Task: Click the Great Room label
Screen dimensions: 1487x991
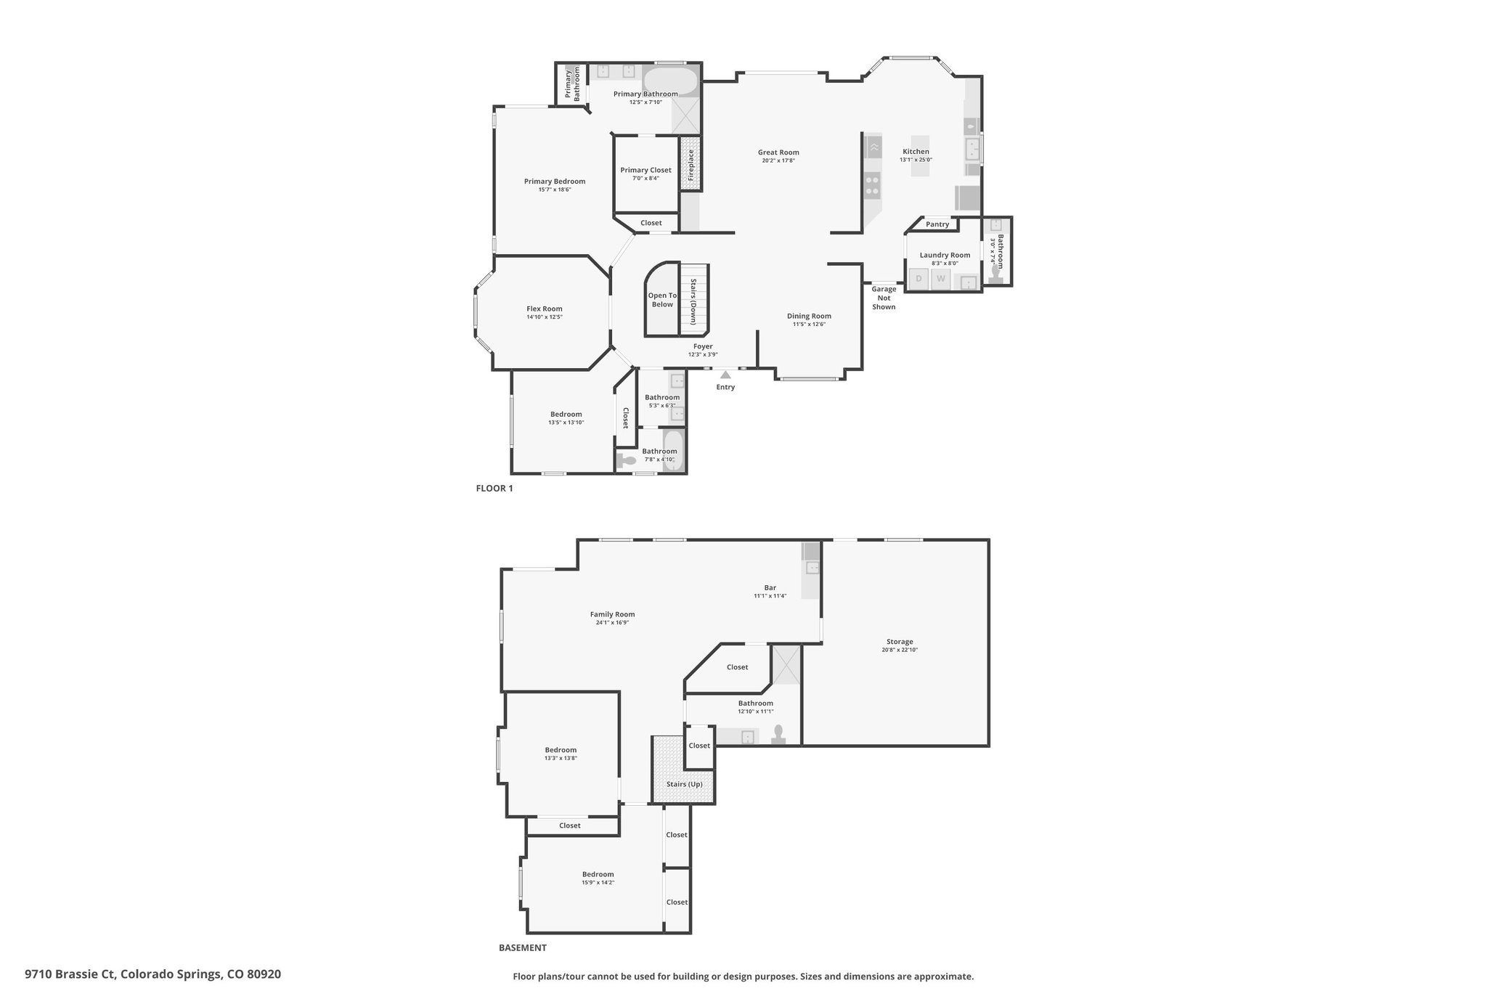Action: point(778,152)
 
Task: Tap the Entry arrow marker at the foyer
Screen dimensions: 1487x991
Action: point(725,375)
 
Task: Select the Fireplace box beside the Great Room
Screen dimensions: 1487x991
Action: point(691,165)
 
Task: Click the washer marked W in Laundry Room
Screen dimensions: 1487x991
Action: point(941,279)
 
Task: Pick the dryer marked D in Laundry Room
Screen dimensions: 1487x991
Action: point(919,279)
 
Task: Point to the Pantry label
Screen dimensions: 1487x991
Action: point(937,224)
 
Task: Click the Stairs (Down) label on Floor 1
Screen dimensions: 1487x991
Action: point(693,301)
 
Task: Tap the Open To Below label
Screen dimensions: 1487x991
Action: point(662,300)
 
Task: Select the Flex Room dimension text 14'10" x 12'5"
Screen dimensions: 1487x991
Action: point(545,317)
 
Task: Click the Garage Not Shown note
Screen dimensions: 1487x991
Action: point(884,298)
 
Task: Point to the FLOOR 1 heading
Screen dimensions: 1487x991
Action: point(494,489)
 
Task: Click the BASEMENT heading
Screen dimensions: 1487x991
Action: point(523,947)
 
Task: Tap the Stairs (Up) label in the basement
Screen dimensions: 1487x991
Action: point(685,784)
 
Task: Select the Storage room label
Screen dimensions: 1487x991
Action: point(900,642)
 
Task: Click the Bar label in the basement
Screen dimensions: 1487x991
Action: point(770,588)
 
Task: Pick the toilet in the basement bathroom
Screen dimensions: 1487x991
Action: point(779,735)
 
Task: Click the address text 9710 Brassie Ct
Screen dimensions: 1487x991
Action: point(70,974)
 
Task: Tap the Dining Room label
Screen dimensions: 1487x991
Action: point(809,316)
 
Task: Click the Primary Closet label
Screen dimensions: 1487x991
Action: point(645,170)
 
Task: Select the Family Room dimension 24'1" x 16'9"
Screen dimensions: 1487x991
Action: point(612,622)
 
